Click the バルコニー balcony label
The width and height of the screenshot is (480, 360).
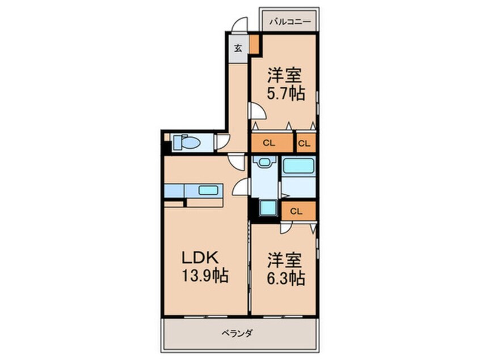(x=289, y=22)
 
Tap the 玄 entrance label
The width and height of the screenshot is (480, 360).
(x=238, y=48)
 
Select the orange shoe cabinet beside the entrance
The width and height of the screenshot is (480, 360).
(x=255, y=44)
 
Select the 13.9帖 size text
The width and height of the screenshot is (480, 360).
(x=205, y=277)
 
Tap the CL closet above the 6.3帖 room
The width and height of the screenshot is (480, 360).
(x=296, y=211)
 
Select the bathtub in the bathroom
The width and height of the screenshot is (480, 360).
(x=299, y=166)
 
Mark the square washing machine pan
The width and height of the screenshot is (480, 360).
(x=267, y=209)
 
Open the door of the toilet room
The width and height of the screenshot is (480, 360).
(x=222, y=140)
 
